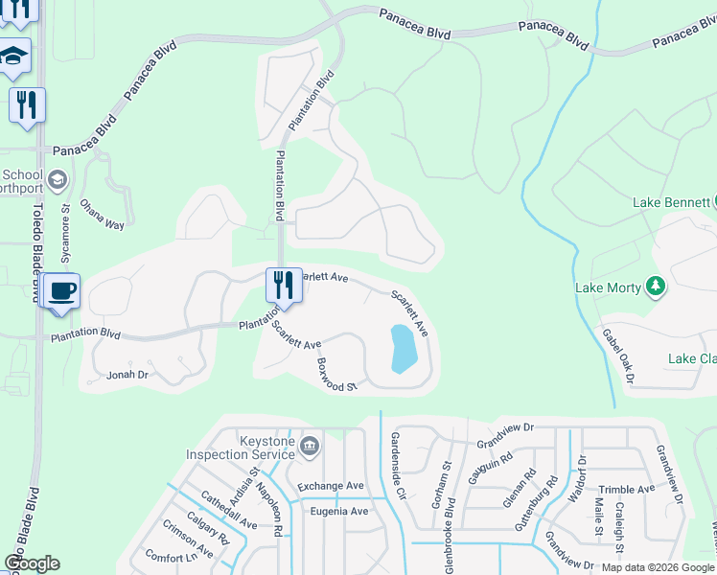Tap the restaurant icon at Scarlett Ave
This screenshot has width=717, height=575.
coord(284,286)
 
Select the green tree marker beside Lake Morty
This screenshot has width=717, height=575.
coord(656,286)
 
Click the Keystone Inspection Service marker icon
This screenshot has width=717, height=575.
coord(310,445)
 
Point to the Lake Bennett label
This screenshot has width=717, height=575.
coord(669,202)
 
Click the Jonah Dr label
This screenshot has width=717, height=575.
coord(128,375)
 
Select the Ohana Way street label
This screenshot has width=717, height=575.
coord(103,215)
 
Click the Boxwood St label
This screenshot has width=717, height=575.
coord(336,375)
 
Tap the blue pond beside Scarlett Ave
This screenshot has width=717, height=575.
coord(404,349)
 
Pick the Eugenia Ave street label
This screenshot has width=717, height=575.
coord(338,511)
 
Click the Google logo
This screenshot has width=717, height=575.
coord(32,563)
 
